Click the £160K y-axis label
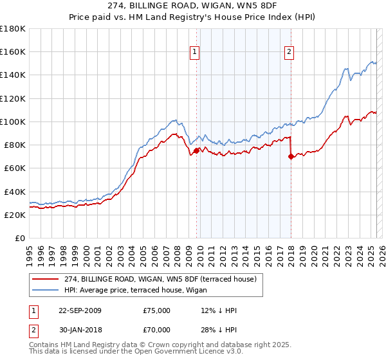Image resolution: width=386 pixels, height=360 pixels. [12, 51]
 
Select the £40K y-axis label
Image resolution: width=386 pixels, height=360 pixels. [15, 192]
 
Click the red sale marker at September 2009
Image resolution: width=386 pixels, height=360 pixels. [196, 151]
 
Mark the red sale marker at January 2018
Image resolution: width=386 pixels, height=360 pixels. [291, 157]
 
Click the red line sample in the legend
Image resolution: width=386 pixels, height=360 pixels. [45, 279]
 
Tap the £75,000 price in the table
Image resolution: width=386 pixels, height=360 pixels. [157, 310]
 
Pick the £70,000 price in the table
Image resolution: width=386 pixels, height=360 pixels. [157, 330]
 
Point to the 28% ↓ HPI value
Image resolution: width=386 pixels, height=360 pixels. [219, 330]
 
